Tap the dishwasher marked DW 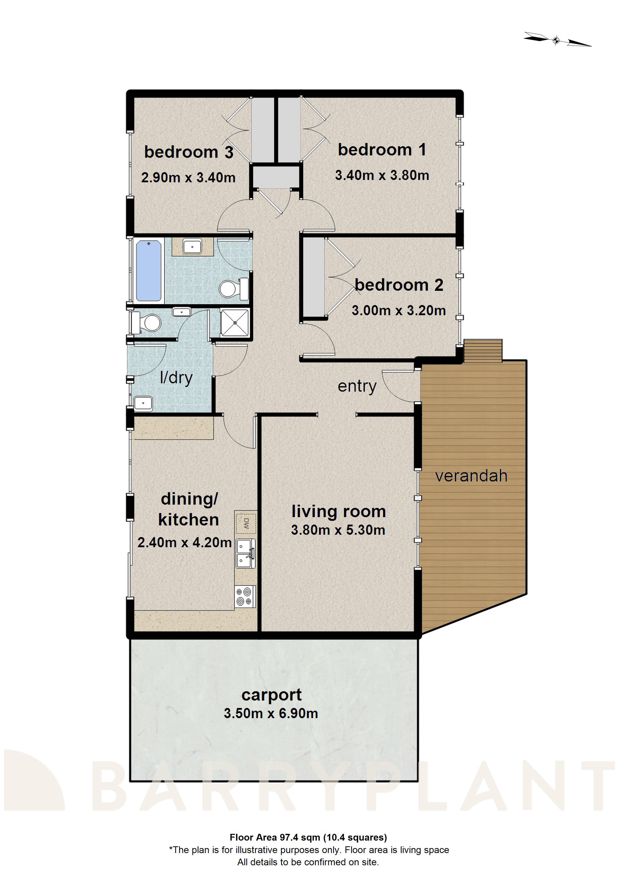tap(246, 523)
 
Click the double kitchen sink tap(246, 553)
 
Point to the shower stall tap(235, 323)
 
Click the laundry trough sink tap(144, 403)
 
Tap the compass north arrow tap(557, 40)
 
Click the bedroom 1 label tap(382, 149)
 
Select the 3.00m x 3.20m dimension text tap(399, 310)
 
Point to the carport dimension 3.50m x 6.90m tap(271, 713)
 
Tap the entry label tap(357, 386)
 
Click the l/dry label tap(176, 378)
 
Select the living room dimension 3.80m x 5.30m tap(338, 530)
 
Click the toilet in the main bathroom tap(233, 289)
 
